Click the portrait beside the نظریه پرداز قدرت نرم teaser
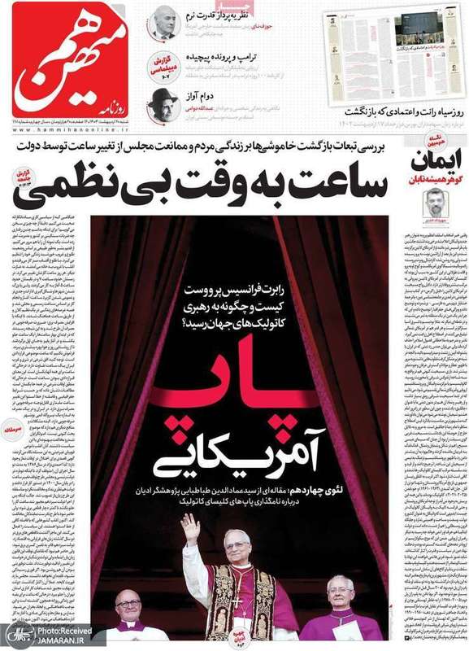click(163, 23)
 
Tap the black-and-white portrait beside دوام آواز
click(163, 104)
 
